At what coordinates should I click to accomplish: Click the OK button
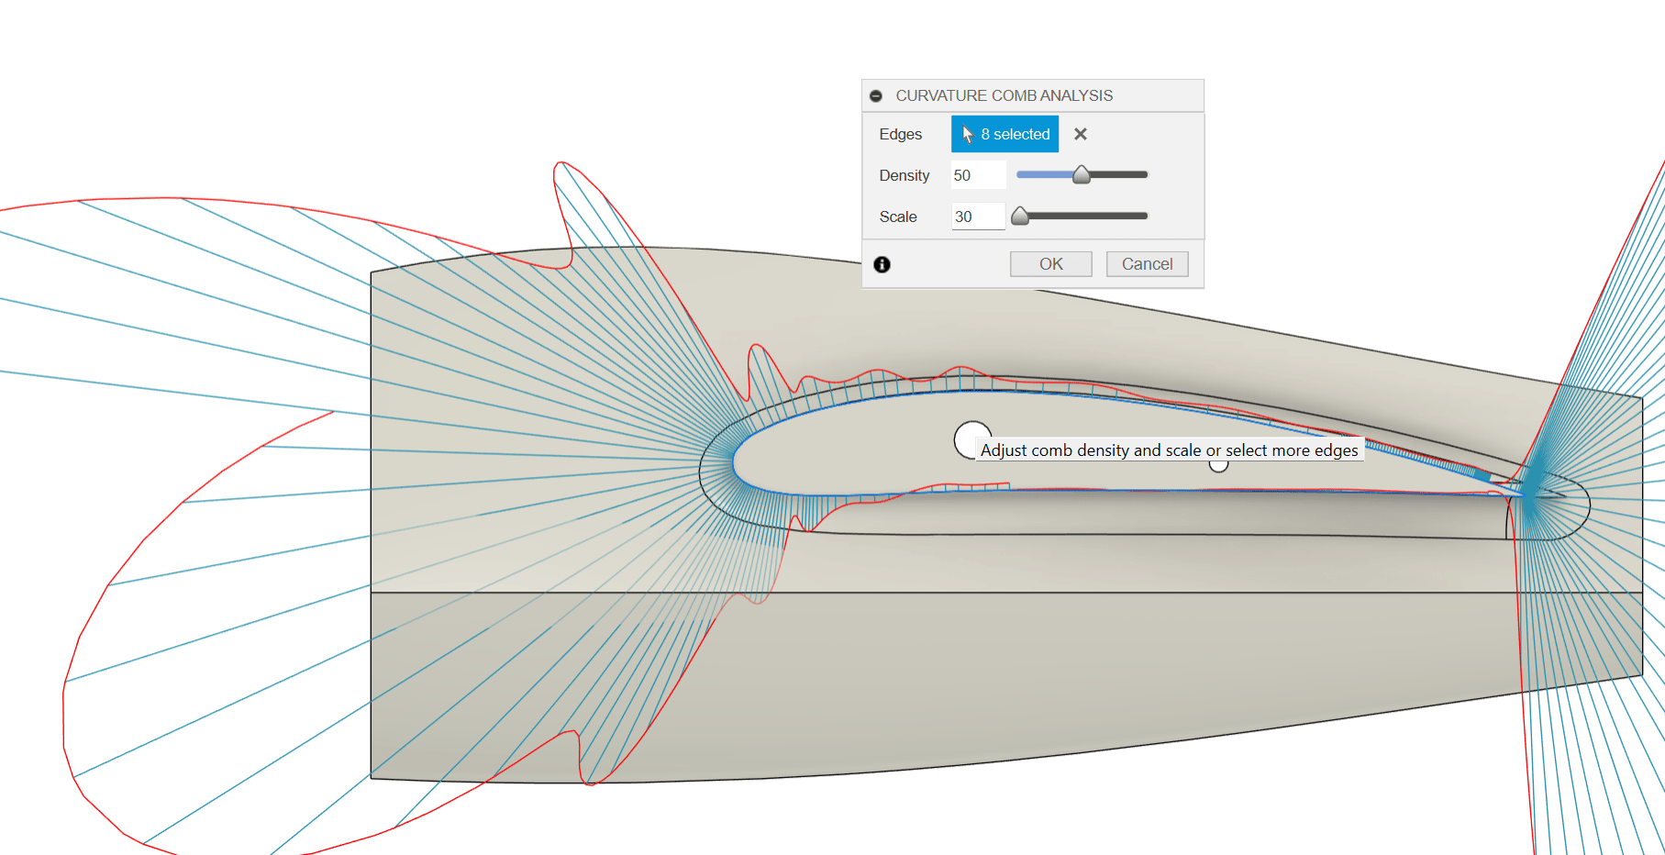[1050, 264]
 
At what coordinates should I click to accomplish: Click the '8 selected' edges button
[1005, 134]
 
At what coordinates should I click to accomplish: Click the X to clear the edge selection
[1081, 134]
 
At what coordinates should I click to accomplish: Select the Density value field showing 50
[978, 175]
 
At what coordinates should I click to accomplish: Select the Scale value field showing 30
[978, 217]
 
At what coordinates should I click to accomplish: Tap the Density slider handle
[1082, 174]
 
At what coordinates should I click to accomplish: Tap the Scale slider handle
[1020, 216]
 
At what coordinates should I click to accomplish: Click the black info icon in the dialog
[882, 264]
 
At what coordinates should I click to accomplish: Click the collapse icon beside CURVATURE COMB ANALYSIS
[876, 95]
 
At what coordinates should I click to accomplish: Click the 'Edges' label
[900, 134]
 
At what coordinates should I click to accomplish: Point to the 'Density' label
[904, 175]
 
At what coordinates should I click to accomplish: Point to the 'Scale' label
[897, 217]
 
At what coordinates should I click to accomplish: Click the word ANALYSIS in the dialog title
[1076, 95]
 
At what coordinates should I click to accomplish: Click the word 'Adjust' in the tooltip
[1004, 450]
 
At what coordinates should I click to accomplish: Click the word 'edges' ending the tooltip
[1336, 450]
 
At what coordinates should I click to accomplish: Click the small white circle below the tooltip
[1218, 465]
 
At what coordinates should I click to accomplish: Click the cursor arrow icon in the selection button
[967, 134]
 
